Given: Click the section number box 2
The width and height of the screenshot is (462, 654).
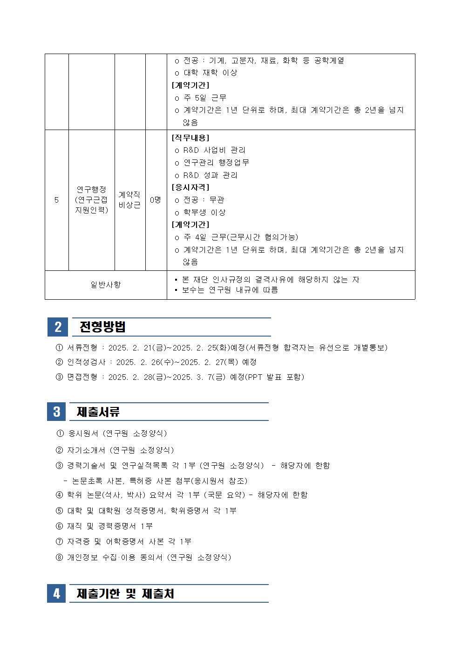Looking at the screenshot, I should pyautogui.click(x=58, y=327).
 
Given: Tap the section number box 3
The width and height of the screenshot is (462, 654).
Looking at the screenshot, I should pyautogui.click(x=56, y=412).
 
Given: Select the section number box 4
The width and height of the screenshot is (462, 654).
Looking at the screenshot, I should pyautogui.click(x=56, y=593).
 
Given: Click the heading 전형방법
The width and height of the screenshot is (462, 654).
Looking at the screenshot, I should pyautogui.click(x=102, y=327).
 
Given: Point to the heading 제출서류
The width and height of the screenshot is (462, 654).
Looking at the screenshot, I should pyautogui.click(x=98, y=412).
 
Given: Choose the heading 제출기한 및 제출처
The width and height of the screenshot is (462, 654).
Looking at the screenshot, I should pyautogui.click(x=125, y=593).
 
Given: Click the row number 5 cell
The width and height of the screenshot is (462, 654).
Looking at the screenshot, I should pyautogui.click(x=56, y=200).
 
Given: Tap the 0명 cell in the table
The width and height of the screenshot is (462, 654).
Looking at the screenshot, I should pyautogui.click(x=156, y=200).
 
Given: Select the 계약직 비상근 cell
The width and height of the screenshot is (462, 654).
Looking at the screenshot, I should pyautogui.click(x=129, y=200).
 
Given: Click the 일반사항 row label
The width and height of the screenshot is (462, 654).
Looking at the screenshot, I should pyautogui.click(x=105, y=284).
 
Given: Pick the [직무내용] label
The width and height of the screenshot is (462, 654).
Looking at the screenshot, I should pyautogui.click(x=190, y=138).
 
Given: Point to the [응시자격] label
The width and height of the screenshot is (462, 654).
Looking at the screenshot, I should pyautogui.click(x=190, y=187).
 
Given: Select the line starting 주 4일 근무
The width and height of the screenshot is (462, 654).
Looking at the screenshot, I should pyautogui.click(x=240, y=237).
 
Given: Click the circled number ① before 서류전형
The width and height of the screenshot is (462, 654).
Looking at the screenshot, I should pyautogui.click(x=59, y=348).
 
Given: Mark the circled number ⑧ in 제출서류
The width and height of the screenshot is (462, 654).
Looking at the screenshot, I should pyautogui.click(x=59, y=557).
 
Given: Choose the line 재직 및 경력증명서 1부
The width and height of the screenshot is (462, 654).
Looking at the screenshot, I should pyautogui.click(x=110, y=526).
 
